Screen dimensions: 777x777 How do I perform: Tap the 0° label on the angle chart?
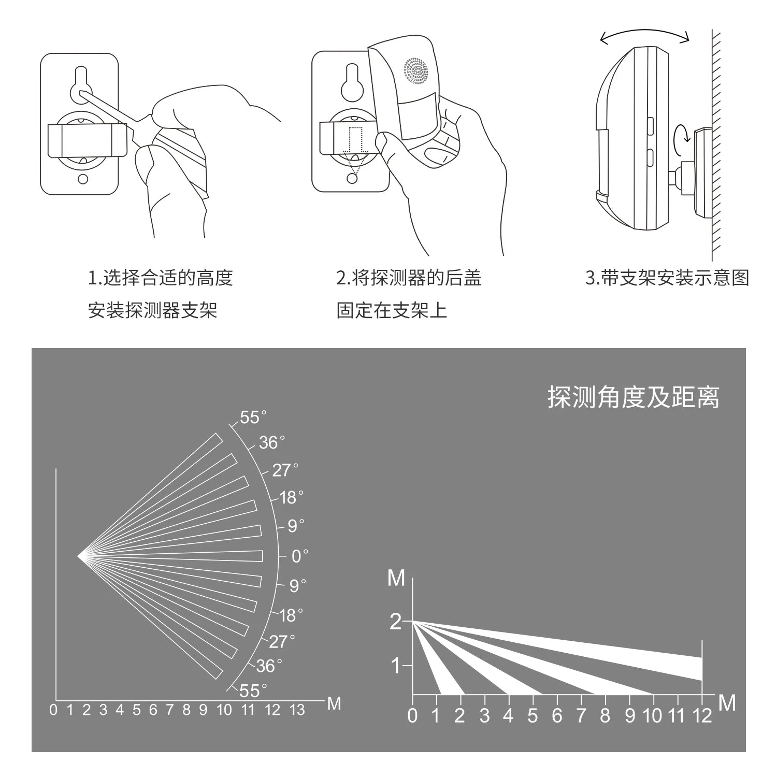pos(299,556)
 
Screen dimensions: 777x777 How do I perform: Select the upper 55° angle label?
pos(253,418)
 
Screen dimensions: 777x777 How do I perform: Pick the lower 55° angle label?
pos(253,690)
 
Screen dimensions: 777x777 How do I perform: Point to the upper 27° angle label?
pos(285,470)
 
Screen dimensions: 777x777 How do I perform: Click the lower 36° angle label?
pos(269,666)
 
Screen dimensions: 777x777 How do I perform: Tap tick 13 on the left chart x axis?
pos(297,710)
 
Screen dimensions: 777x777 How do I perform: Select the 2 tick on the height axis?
pos(396,622)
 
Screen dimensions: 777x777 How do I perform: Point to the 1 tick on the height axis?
pos(396,666)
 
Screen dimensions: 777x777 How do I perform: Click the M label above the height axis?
pos(396,578)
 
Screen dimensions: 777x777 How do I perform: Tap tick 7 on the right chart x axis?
pos(581,716)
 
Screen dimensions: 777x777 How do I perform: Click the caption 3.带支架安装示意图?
pos(667,278)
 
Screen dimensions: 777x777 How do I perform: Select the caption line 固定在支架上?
pos(392,310)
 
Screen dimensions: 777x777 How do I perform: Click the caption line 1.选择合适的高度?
pos(161,278)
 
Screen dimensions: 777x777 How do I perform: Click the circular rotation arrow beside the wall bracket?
pos(681,137)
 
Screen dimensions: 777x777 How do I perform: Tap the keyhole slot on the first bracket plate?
pos(81,83)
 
